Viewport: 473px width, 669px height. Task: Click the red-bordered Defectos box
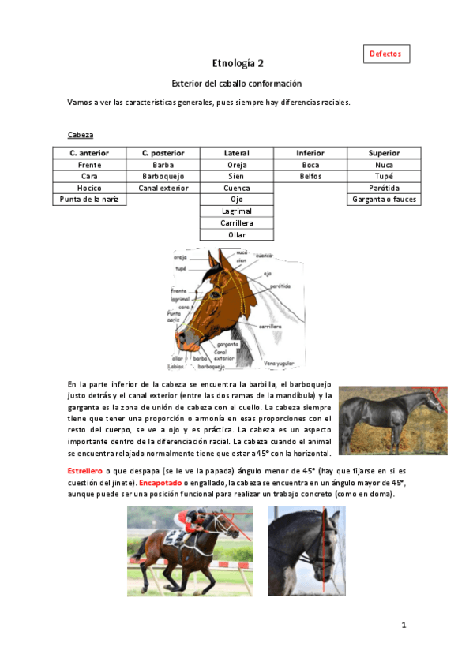point(387,54)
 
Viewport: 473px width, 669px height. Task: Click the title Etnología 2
point(237,64)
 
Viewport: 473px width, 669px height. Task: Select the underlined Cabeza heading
point(81,135)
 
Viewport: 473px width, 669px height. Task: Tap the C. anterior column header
point(89,153)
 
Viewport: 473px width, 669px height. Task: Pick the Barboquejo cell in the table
point(163,177)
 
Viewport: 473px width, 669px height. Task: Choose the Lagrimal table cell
point(237,212)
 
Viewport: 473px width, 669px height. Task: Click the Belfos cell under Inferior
point(310,177)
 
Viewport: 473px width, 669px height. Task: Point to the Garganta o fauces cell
point(384,200)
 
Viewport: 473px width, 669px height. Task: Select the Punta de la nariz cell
point(89,200)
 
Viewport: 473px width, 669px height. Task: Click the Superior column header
point(384,153)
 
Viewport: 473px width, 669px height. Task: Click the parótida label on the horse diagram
point(281,286)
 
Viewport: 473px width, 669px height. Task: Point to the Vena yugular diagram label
point(279,363)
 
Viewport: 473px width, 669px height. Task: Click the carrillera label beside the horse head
point(270,325)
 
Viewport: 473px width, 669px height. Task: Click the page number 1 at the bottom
point(403,626)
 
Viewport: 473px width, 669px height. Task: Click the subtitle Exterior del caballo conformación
point(237,84)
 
